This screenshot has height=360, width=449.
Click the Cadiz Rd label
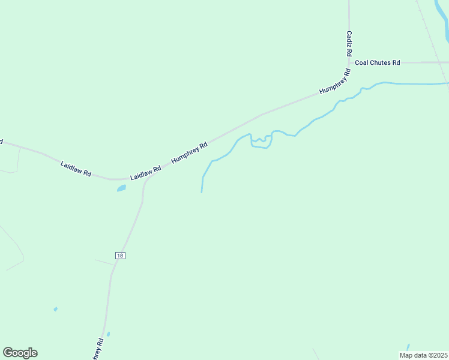[349, 44]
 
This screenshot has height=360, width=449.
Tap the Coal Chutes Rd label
[378, 62]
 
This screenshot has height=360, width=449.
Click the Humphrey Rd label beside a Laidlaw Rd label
[189, 152]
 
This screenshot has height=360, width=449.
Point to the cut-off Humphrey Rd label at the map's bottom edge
[98, 349]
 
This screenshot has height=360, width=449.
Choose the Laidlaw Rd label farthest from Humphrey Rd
[76, 168]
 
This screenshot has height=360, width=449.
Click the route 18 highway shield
[120, 256]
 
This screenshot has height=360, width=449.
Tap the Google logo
[20, 353]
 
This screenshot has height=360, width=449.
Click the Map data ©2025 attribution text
[423, 355]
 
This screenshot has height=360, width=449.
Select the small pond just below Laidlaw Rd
[121, 188]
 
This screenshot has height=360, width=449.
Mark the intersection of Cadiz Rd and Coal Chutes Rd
[349, 62]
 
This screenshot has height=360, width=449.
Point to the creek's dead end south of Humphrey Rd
[201, 192]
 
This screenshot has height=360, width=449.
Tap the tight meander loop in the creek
[261, 142]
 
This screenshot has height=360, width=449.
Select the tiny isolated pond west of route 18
[55, 309]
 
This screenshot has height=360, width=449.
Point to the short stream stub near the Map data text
[408, 347]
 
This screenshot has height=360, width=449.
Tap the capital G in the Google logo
[8, 352]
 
